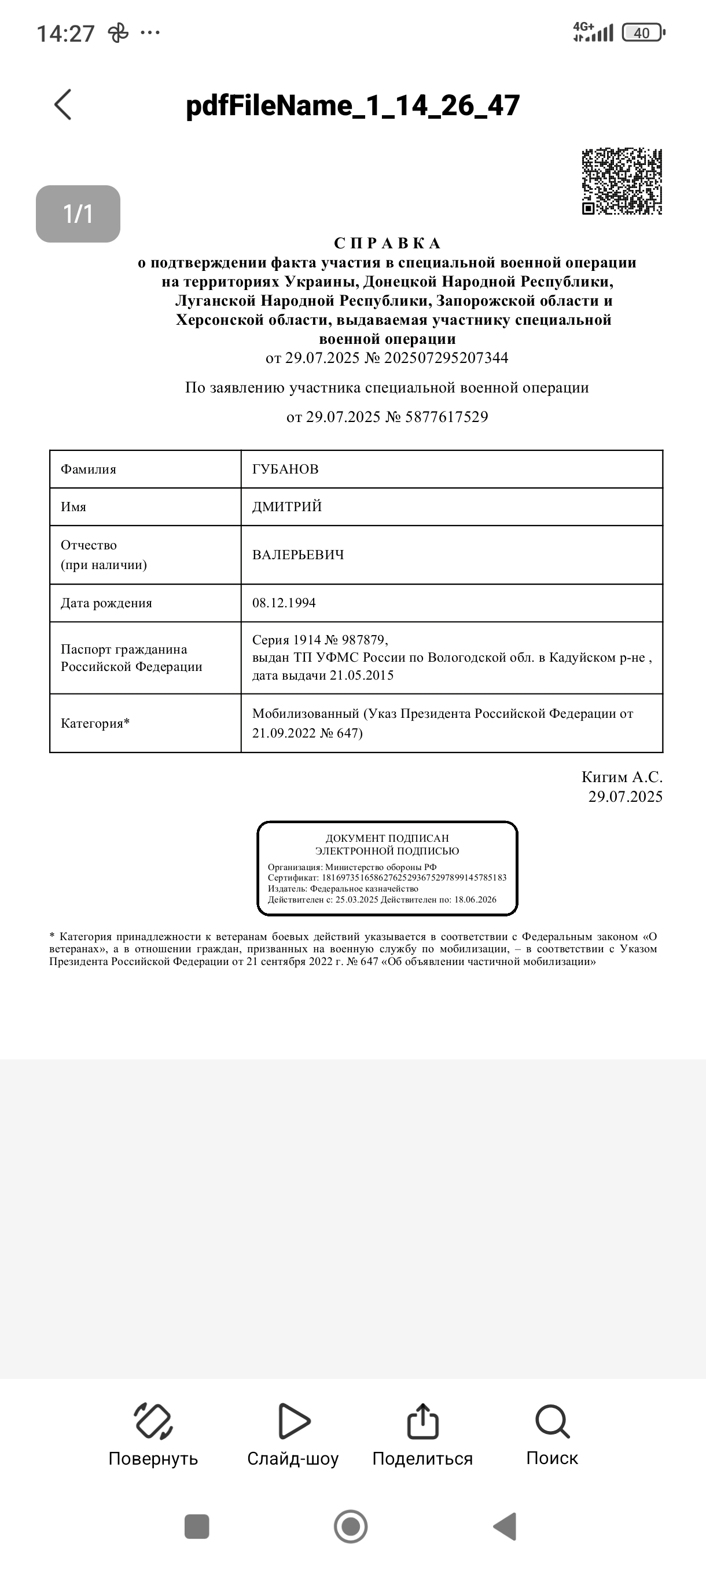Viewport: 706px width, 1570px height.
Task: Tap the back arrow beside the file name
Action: coord(62,105)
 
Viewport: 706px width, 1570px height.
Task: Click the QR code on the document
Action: coord(622,182)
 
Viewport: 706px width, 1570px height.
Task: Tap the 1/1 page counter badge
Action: coord(78,214)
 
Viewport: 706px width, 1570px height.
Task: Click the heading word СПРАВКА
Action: coord(387,243)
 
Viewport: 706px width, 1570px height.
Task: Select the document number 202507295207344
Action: coord(446,358)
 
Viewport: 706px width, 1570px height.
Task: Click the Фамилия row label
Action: coord(89,469)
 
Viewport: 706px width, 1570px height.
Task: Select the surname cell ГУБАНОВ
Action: coord(285,469)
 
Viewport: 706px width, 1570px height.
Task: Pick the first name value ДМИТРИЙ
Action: coord(287,507)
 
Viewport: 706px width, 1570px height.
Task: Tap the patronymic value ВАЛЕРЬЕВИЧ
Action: coord(298,555)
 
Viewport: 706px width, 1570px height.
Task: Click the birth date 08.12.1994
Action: coord(284,603)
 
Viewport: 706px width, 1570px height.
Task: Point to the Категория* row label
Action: coord(95,724)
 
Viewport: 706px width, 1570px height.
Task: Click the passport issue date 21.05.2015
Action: coord(362,675)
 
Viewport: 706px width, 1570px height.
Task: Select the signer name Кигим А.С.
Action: coord(622,777)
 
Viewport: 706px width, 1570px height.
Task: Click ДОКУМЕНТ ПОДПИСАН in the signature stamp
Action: coord(387,838)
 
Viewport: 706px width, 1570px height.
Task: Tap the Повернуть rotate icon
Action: coord(153,1422)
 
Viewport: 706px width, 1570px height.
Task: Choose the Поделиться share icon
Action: coord(422,1422)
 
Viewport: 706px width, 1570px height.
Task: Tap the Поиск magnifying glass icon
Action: coord(552,1422)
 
